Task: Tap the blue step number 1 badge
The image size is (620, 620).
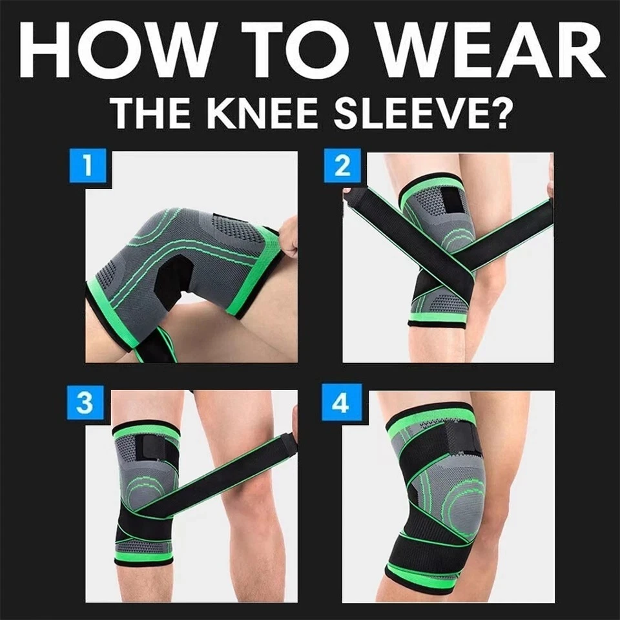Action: (87, 165)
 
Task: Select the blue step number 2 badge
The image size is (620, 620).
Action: (342, 165)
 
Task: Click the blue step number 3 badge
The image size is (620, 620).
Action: (85, 402)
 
